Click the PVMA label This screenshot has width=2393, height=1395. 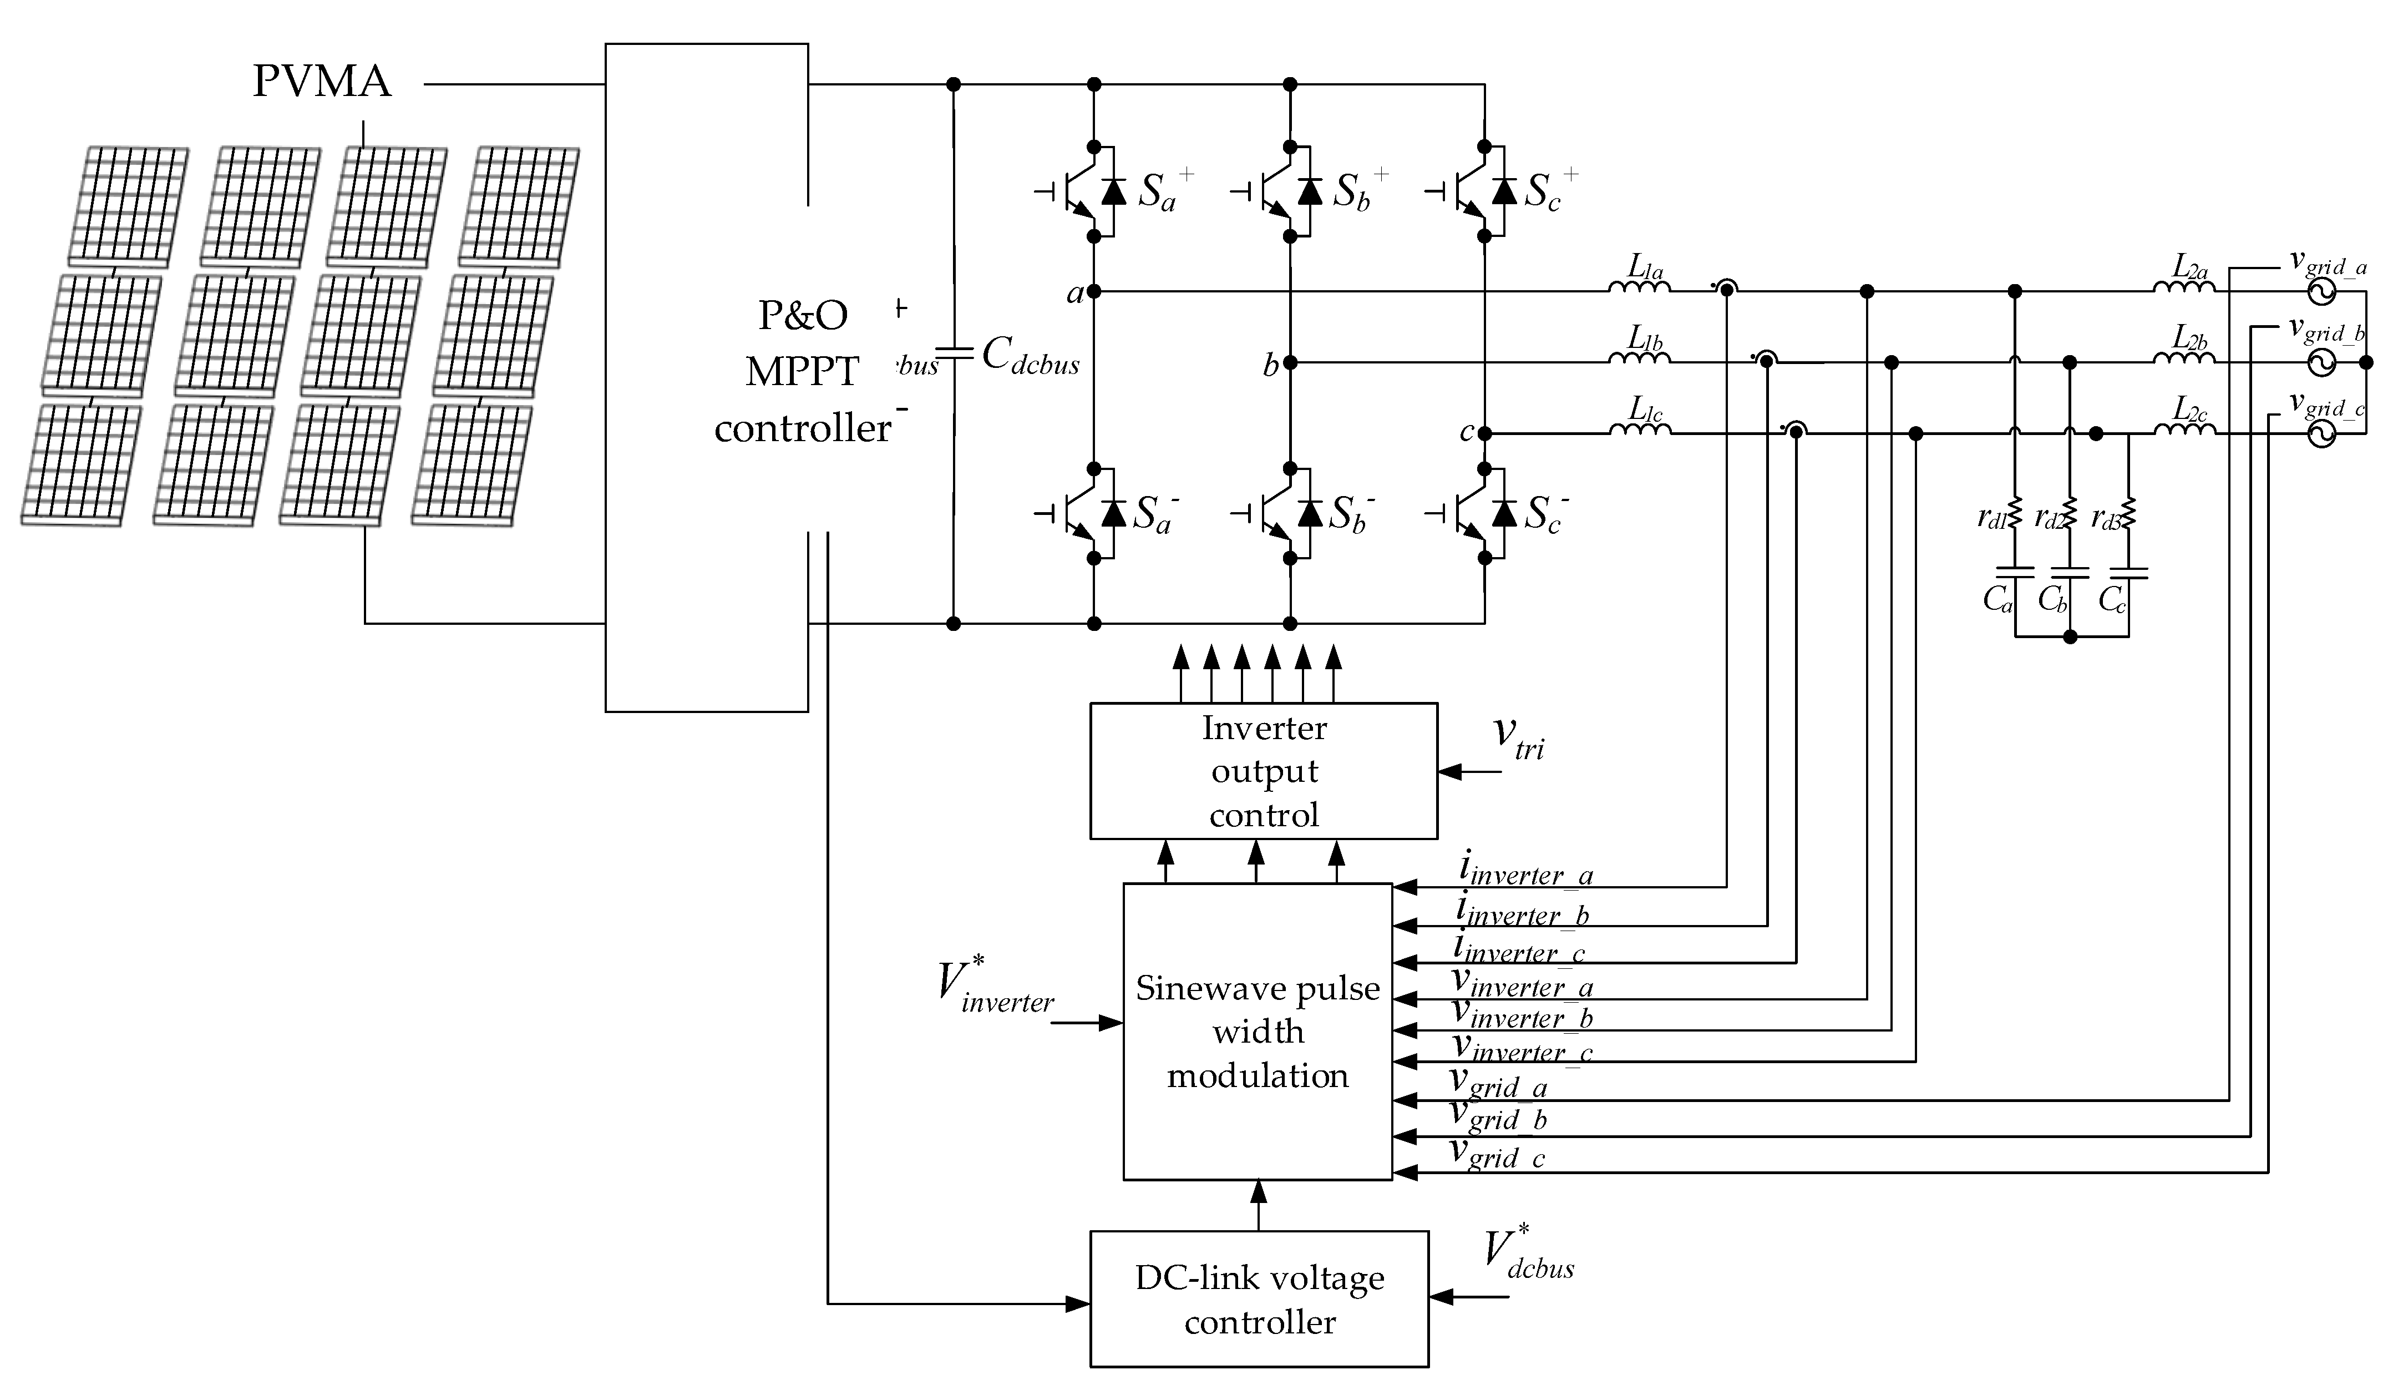322,82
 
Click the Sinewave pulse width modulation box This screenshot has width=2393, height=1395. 1258,1032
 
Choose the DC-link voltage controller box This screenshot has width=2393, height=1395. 1259,1299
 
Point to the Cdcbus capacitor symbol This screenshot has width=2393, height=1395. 954,354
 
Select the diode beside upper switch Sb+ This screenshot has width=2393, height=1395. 1310,192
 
